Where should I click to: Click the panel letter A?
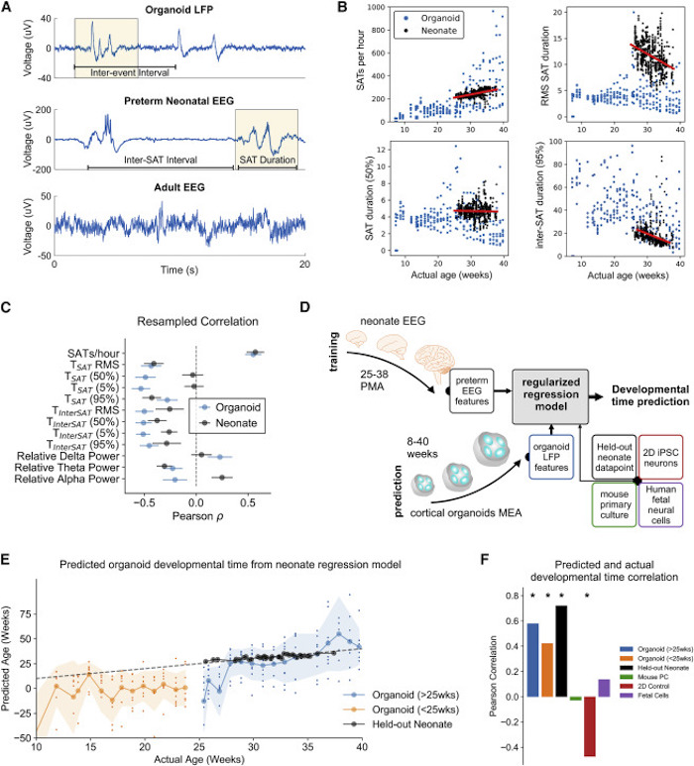click(9, 8)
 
